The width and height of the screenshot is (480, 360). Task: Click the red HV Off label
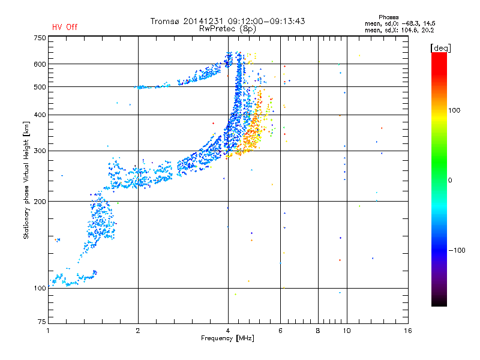[65, 27]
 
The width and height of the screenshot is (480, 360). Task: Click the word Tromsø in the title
[165, 21]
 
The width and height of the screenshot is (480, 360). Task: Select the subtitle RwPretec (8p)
[227, 29]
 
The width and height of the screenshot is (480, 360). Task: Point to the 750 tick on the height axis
[40, 38]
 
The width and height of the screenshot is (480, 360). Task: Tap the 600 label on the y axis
[40, 64]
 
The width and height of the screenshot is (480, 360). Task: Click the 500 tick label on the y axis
[40, 87]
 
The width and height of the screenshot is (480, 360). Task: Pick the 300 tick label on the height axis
[40, 151]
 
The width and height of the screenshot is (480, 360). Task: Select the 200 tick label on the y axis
[40, 202]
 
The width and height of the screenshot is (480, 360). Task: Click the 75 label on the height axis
[42, 322]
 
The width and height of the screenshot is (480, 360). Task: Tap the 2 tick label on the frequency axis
[138, 331]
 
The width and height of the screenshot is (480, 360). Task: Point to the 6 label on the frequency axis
[280, 331]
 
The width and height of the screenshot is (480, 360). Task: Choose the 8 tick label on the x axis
[318, 331]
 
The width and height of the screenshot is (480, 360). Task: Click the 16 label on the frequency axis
[408, 331]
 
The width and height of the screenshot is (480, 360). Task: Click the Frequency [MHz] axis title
[227, 338]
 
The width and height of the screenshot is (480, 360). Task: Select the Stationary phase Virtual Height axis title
[26, 180]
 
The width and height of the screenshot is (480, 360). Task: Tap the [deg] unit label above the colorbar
[440, 48]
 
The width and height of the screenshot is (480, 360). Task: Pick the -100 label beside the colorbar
[457, 250]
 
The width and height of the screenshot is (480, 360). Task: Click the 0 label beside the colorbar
[450, 181]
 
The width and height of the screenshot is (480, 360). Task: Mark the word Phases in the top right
[389, 17]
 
